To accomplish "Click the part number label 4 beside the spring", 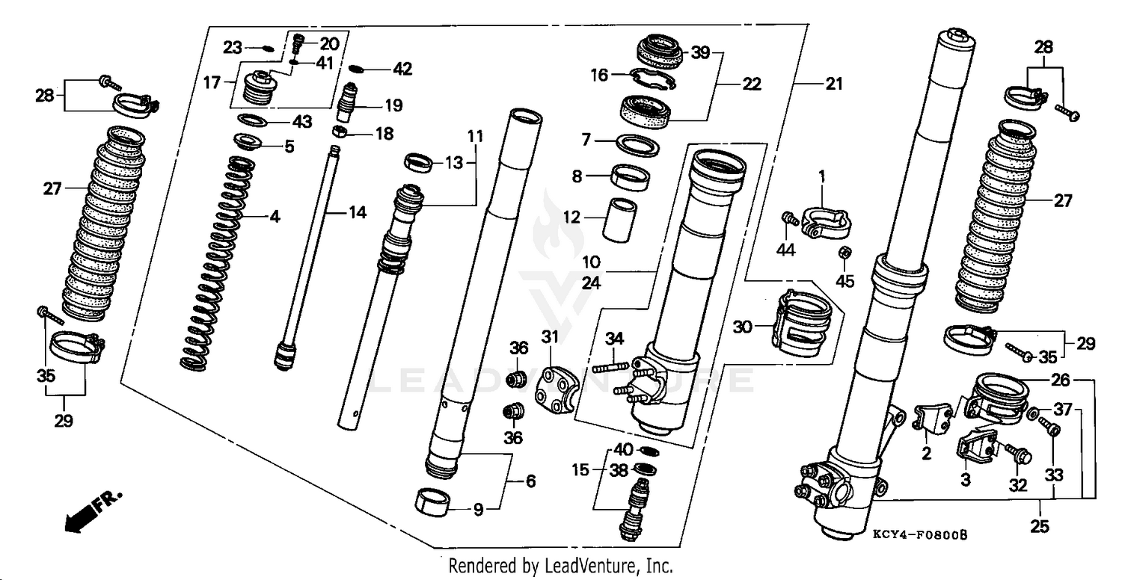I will click(x=275, y=217).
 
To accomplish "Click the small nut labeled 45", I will click(x=844, y=253).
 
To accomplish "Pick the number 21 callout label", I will click(x=833, y=85).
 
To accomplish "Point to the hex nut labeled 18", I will click(x=338, y=133).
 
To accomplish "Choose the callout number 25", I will click(x=1039, y=527).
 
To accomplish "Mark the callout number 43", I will click(x=301, y=121).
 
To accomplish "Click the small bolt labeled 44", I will click(x=788, y=218).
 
